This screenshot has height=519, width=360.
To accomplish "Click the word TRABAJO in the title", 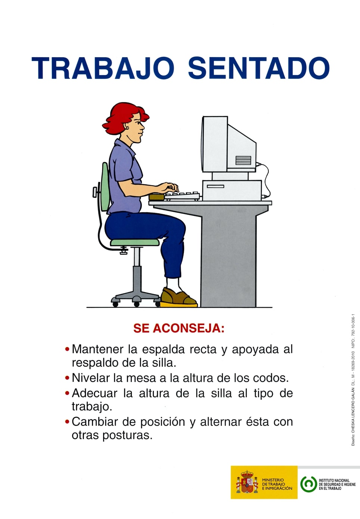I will [103, 69].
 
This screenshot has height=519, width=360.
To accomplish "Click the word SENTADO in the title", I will [258, 69].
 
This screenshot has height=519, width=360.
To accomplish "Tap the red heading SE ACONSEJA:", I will [179, 328].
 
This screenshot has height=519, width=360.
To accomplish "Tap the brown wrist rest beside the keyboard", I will [156, 197].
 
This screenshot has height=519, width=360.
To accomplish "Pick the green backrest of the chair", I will [105, 187].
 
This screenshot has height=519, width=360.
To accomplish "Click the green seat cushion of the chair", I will [134, 242].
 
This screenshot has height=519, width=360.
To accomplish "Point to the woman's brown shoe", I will [177, 297].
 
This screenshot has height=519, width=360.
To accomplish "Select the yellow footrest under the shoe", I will [179, 305].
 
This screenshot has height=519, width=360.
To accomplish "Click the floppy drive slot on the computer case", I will [215, 186].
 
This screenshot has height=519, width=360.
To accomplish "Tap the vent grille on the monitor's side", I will [243, 160].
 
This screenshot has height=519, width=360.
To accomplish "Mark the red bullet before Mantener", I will [67, 349].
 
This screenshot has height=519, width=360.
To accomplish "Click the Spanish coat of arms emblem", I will [247, 483].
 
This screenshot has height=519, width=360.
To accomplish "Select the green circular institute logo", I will [308, 484].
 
